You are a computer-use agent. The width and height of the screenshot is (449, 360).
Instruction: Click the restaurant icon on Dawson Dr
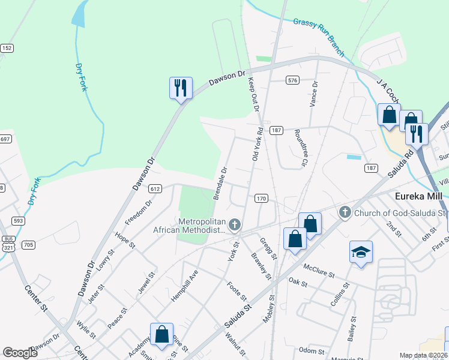(181, 88)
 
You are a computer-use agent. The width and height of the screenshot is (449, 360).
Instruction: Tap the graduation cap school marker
(361, 253)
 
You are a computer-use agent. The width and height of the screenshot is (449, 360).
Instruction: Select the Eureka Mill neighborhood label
(418, 196)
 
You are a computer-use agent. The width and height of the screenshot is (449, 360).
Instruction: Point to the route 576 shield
(292, 80)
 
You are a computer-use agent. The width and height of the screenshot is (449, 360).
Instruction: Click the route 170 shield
(261, 198)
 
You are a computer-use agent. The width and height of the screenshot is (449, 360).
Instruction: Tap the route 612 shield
(155, 188)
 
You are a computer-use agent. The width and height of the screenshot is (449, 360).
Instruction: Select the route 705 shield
(28, 245)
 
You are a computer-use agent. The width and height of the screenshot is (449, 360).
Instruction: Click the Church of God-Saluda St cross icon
(345, 212)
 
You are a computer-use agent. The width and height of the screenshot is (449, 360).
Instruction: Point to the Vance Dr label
(313, 94)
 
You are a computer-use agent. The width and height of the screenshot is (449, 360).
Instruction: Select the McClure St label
(319, 270)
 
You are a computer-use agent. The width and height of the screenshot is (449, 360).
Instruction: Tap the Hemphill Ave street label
(185, 286)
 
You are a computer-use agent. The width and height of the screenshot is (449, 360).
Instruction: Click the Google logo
(20, 353)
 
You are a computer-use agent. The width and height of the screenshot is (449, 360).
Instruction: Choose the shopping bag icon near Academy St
(162, 335)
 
